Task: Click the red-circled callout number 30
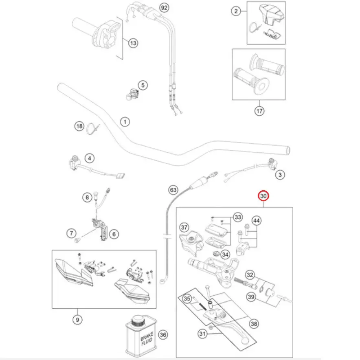264,196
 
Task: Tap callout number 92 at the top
164,8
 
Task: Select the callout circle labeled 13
133,42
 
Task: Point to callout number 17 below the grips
259,110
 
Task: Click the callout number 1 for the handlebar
125,121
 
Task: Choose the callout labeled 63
173,190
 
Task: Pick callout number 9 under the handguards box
77,320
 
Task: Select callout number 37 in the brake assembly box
184,227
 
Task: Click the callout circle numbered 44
256,221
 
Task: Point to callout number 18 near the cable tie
79,126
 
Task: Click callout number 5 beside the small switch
142,85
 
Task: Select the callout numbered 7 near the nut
71,233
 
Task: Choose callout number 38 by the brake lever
254,324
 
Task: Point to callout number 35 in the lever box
187,299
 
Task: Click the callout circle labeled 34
225,255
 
